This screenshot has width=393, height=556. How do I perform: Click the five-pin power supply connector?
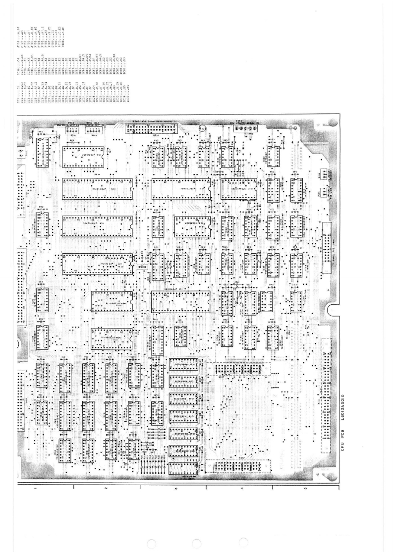(242, 128)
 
